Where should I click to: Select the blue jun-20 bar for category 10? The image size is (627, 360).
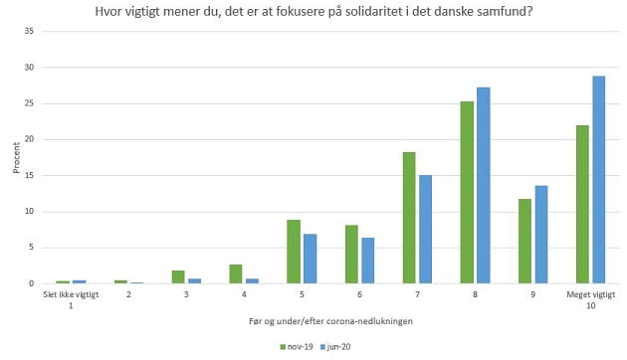(x=599, y=180)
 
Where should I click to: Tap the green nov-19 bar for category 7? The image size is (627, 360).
(x=409, y=218)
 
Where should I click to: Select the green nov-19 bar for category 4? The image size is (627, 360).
(x=235, y=274)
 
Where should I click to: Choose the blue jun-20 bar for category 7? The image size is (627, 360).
(x=425, y=230)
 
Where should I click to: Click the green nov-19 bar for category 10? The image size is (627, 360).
(x=583, y=204)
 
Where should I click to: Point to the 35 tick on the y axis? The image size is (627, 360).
(x=30, y=32)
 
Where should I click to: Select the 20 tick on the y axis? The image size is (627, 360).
(x=30, y=139)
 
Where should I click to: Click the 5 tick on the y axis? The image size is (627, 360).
(x=32, y=248)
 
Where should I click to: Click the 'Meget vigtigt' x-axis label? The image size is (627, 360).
(x=591, y=294)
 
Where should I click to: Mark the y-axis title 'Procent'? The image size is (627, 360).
(x=15, y=157)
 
